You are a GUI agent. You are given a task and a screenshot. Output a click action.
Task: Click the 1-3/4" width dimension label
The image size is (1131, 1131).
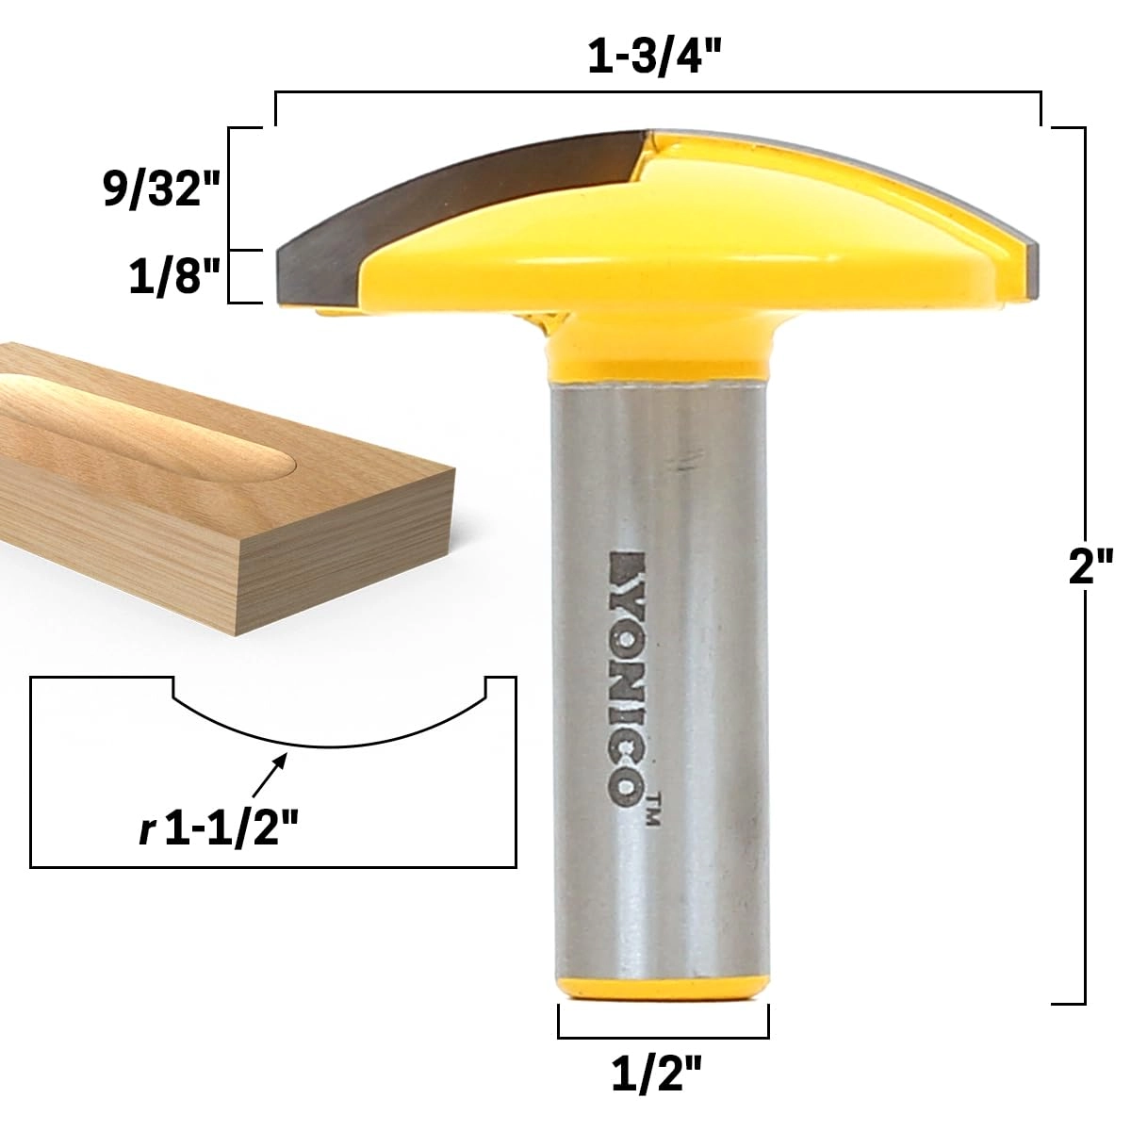pyautogui.click(x=657, y=59)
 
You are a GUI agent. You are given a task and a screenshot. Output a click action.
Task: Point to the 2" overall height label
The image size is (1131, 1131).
pyautogui.click(x=1091, y=569)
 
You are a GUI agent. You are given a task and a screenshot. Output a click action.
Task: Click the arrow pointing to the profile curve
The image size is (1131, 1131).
pyautogui.click(x=269, y=774)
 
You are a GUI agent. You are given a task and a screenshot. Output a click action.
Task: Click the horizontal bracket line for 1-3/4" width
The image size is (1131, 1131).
pyautogui.click(x=657, y=92)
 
